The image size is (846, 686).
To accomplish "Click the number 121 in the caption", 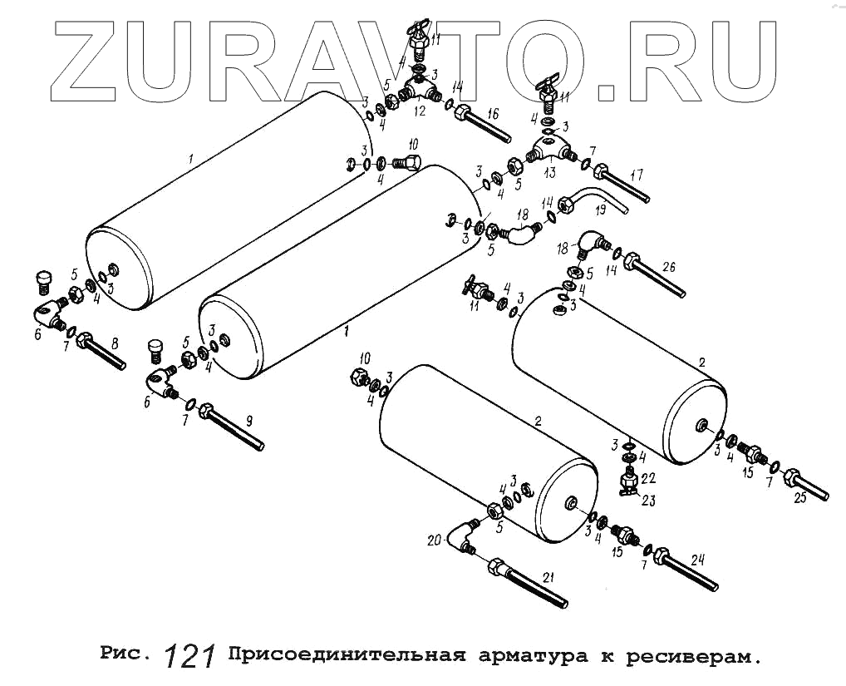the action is [x=190, y=656].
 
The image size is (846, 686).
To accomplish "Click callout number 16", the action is [x=493, y=114].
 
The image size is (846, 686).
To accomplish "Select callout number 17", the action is [x=637, y=175].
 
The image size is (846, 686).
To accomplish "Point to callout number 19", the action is [x=626, y=213].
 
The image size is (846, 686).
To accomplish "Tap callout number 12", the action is [x=420, y=111].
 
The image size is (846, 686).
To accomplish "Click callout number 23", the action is [x=648, y=500].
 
